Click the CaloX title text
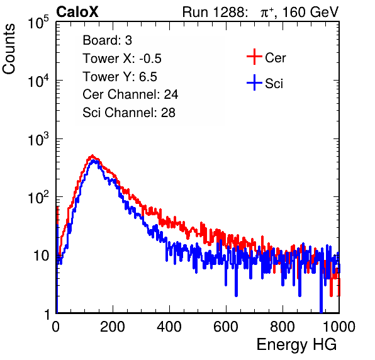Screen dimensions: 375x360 [77, 12]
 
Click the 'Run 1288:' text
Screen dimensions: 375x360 [215, 12]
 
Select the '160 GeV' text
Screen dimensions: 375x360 [310, 12]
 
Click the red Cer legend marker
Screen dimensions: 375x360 [254, 57]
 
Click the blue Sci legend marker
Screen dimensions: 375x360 [254, 82]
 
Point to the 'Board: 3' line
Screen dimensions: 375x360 [107, 40]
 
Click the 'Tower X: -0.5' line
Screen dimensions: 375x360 [122, 59]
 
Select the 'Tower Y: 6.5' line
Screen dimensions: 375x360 [120, 77]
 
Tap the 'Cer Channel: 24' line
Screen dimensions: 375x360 [130, 94]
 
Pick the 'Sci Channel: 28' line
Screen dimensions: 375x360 [129, 113]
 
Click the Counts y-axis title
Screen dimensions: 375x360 [9, 49]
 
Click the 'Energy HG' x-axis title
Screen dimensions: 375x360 [296, 344]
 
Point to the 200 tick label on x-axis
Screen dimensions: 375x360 [113, 327]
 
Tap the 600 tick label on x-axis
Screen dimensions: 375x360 [226, 327]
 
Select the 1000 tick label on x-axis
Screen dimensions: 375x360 [339, 327]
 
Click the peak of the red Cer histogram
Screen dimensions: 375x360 [92, 155]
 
